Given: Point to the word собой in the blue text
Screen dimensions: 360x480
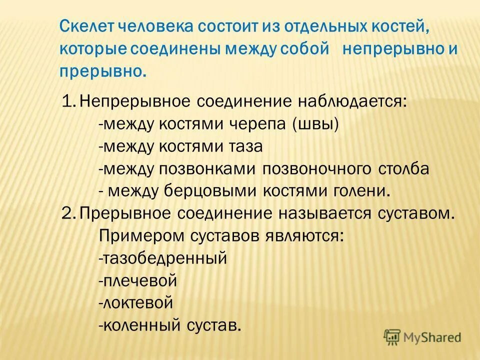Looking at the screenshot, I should pyautogui.click(x=307, y=49).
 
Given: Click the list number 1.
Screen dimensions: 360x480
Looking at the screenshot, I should pyautogui.click(x=67, y=102).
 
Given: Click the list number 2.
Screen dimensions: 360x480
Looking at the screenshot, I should pyautogui.click(x=67, y=213).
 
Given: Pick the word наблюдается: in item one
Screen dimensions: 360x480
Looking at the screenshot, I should pyautogui.click(x=350, y=102).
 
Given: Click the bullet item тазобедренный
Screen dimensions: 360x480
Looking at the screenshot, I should pyautogui.click(x=163, y=258).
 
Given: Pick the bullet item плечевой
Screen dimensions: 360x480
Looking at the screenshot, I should pyautogui.click(x=138, y=280).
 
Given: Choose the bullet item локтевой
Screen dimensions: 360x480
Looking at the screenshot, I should pyautogui.click(x=136, y=303).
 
